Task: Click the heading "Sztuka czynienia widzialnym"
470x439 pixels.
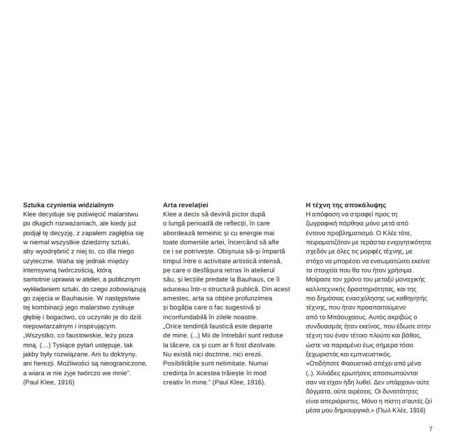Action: (68, 204)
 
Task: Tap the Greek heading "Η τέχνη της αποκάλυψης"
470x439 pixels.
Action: (345, 204)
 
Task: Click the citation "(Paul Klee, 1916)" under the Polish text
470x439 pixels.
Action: (49, 383)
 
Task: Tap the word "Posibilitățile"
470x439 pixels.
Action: (183, 363)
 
